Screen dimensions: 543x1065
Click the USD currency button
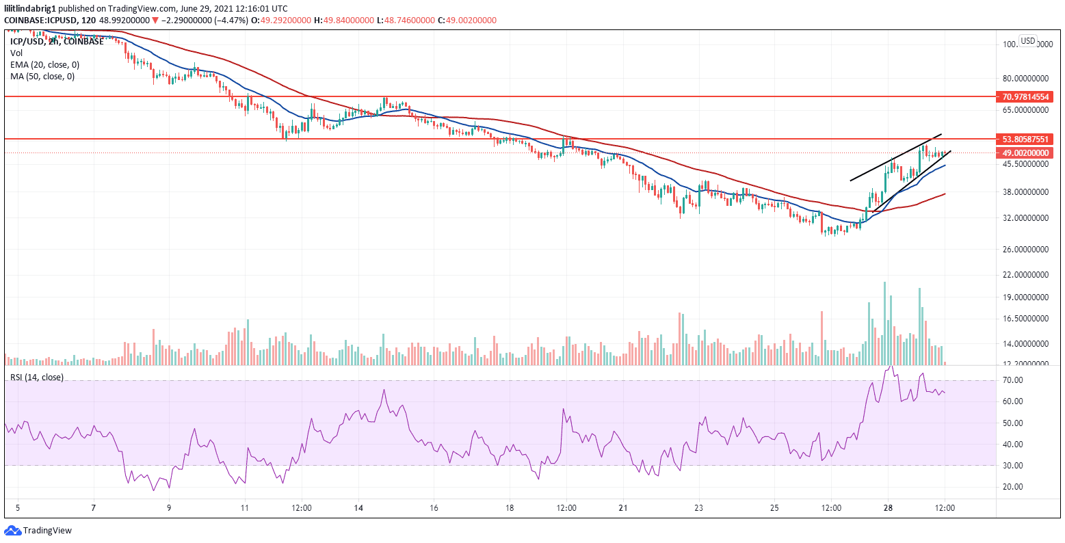[x=1027, y=41]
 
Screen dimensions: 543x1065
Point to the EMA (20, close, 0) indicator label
[x=44, y=64]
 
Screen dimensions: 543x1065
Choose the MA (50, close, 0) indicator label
[x=42, y=76]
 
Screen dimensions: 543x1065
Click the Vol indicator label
[x=16, y=53]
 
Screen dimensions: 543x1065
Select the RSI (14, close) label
[x=36, y=377]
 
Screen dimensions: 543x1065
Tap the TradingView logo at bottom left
[x=38, y=530]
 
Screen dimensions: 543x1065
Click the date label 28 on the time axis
[x=887, y=509]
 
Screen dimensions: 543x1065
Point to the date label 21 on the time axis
[x=623, y=509]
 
